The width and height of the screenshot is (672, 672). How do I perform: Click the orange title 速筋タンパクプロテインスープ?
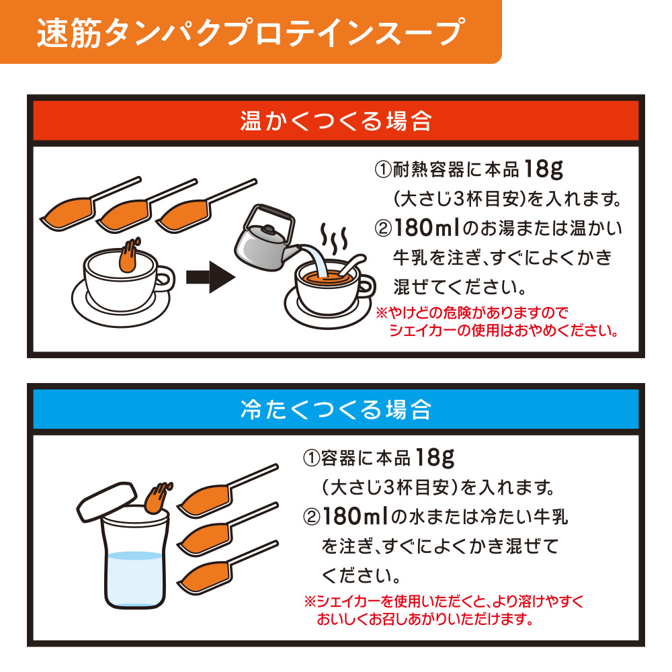pyautogui.click(x=251, y=32)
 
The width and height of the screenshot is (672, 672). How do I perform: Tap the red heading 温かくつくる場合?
pyautogui.click(x=335, y=121)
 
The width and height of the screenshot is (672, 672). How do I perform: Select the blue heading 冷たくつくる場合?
pyautogui.click(x=335, y=409)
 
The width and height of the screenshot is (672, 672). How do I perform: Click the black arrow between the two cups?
pyautogui.click(x=210, y=278)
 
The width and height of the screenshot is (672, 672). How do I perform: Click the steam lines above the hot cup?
pyautogui.click(x=334, y=238)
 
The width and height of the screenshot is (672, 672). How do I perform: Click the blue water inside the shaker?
pyautogui.click(x=134, y=579)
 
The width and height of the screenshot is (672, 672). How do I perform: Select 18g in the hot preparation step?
pyautogui.click(x=543, y=170)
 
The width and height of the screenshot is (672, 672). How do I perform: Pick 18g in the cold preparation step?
pyautogui.click(x=435, y=458)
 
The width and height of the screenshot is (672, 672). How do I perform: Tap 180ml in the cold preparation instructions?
pyautogui.click(x=355, y=516)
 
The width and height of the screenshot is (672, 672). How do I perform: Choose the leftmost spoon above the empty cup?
pyautogui.click(x=90, y=204)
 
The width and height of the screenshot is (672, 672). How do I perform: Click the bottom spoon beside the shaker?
pyautogui.click(x=228, y=567)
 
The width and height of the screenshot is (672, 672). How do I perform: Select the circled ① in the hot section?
pyautogui.click(x=383, y=170)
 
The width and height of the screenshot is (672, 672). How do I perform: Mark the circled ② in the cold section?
pyautogui.click(x=312, y=517)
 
